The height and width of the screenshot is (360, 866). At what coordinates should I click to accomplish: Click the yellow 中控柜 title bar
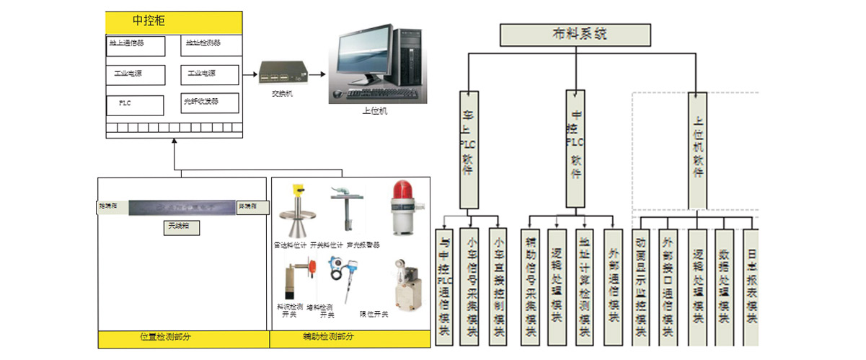173,20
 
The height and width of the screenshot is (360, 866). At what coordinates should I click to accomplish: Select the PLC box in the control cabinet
135,104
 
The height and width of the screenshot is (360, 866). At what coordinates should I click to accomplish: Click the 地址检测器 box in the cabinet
210,45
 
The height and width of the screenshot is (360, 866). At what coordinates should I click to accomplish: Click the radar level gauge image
296,213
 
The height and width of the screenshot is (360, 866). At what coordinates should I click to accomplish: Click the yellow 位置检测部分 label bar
183,338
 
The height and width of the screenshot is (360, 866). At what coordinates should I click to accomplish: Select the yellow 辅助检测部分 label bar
350,338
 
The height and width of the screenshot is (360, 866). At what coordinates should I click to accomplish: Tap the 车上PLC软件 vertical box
468,149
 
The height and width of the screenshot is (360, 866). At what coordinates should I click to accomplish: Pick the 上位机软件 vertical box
697,149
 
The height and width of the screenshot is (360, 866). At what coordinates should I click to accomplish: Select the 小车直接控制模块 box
497,286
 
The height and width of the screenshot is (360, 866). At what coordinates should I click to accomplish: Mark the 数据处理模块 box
724,286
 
